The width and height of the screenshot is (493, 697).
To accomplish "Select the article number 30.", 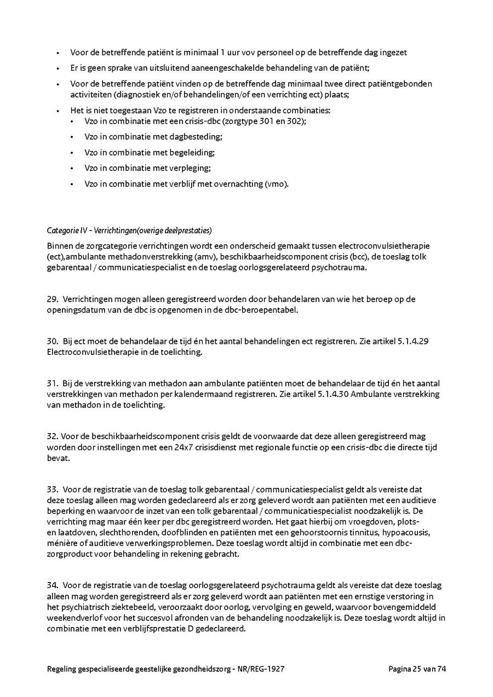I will point(52,341).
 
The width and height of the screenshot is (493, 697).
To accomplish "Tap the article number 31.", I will point(52,383).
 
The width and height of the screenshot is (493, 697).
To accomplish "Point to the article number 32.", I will point(53,436).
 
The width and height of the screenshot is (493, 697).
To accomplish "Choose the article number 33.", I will point(53,489).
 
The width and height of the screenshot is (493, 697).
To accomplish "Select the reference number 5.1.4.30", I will point(335,394).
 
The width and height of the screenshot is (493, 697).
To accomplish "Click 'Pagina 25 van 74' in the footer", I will point(417,669).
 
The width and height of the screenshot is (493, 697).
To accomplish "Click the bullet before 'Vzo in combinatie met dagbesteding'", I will point(72,137).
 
